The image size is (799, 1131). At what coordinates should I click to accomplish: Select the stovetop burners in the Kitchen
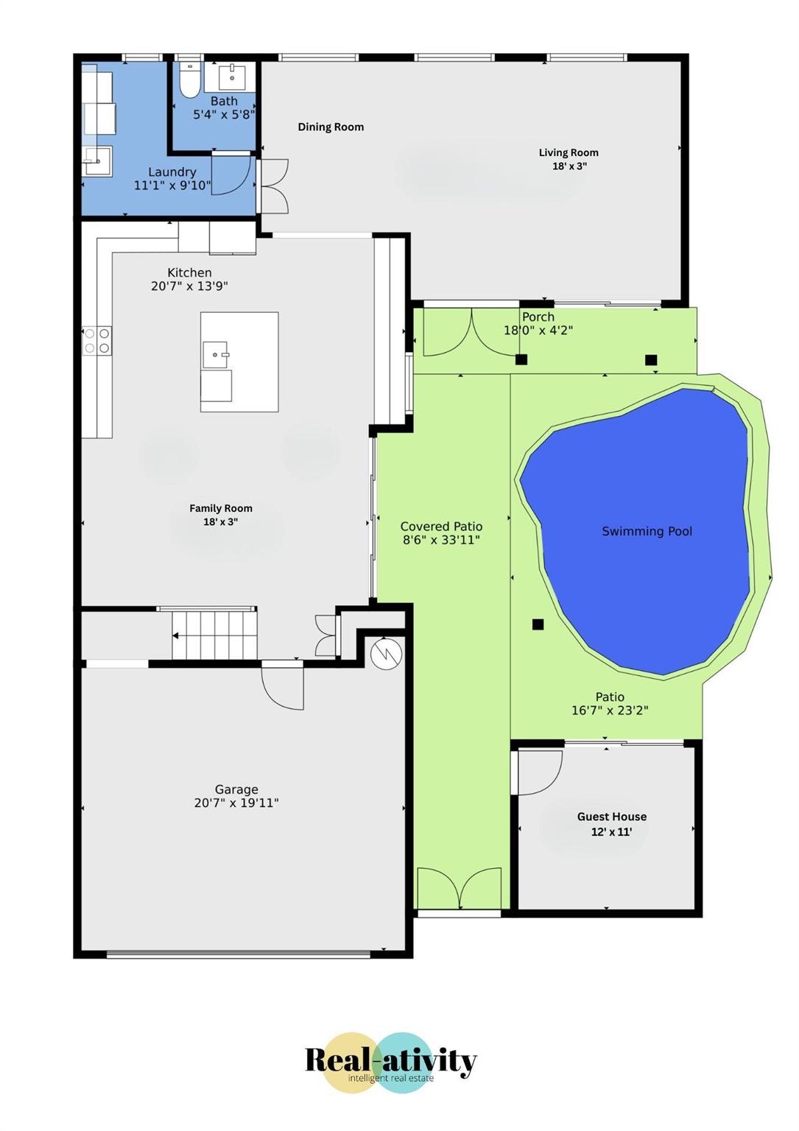[97, 341]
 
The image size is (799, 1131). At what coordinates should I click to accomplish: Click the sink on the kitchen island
[217, 354]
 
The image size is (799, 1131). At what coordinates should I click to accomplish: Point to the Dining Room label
[331, 127]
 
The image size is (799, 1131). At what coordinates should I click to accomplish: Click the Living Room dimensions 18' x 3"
[569, 166]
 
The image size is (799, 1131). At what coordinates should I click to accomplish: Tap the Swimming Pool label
[647, 531]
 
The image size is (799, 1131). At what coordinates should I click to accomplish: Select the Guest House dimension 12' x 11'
[612, 831]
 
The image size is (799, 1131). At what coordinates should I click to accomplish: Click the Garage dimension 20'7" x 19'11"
[236, 803]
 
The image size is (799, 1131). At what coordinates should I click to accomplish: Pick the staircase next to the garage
[214, 635]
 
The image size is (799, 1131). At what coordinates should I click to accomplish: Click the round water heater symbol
[386, 654]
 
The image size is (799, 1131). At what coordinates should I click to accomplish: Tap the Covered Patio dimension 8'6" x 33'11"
[441, 540]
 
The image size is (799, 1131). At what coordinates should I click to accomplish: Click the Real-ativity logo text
[391, 1060]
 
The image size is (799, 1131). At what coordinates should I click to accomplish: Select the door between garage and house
[283, 687]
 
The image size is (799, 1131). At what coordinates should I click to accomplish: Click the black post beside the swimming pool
[538, 624]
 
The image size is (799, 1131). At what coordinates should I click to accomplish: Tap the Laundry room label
[172, 172]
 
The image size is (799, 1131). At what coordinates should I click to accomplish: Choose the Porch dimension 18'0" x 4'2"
[538, 331]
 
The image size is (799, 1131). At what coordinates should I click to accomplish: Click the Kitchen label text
[189, 272]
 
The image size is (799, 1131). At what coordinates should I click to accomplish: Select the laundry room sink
[97, 161]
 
